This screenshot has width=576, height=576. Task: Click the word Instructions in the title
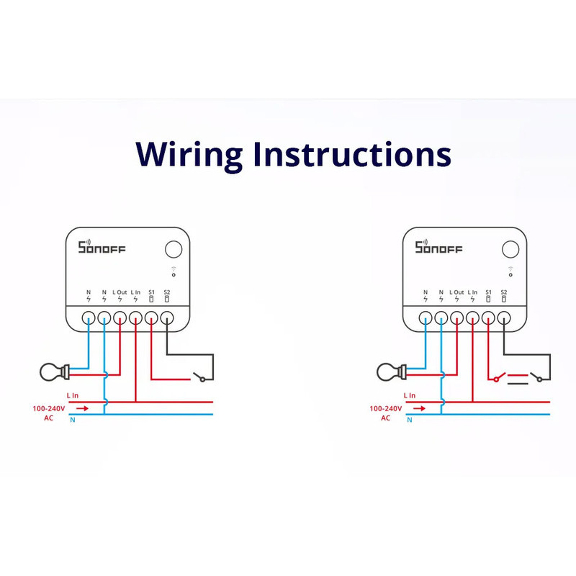click(x=352, y=153)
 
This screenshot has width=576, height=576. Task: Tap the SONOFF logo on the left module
click(x=102, y=247)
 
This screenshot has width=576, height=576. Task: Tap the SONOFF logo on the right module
click(x=438, y=247)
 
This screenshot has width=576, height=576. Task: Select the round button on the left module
click(x=174, y=249)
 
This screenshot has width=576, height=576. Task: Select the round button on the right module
click(x=510, y=249)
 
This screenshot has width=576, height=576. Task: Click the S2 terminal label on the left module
click(x=167, y=292)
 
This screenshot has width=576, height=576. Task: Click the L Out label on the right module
click(x=456, y=292)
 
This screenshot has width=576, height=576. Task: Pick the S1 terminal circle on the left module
click(x=151, y=318)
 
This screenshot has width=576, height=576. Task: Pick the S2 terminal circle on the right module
click(x=504, y=318)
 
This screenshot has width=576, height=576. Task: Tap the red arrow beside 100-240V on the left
click(x=82, y=408)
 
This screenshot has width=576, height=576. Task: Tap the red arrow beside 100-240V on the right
click(x=419, y=408)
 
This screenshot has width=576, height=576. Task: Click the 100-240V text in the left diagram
click(x=49, y=408)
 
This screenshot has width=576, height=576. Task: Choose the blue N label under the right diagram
click(x=410, y=420)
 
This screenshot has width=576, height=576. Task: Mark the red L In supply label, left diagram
click(x=73, y=395)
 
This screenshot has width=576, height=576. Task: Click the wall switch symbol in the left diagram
click(x=199, y=377)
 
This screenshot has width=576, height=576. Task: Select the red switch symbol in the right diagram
click(x=500, y=377)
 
